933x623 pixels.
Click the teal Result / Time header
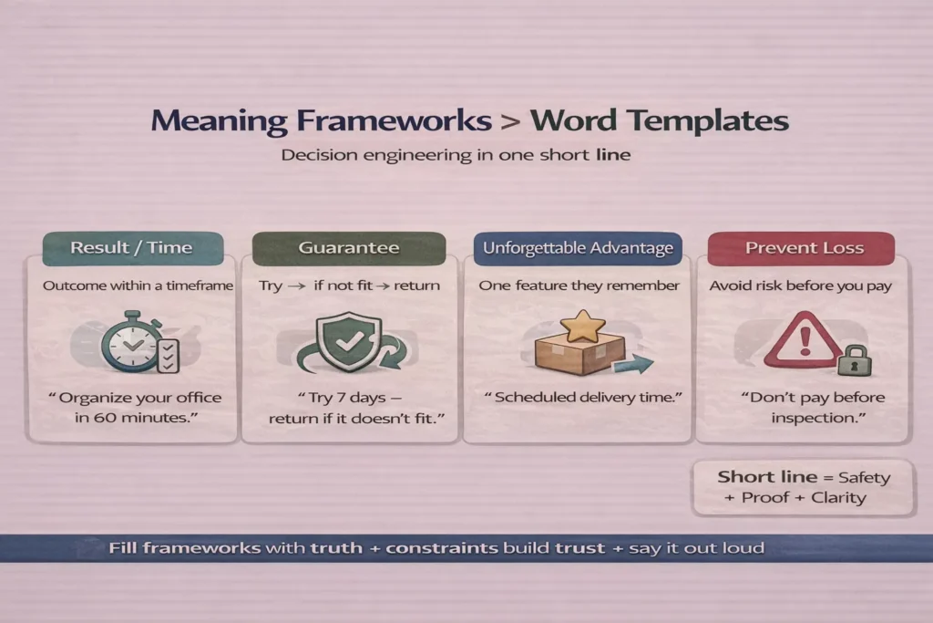[133, 248]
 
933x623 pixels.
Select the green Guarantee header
[349, 248]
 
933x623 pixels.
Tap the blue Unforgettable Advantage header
[578, 248]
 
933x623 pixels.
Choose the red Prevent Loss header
[801, 248]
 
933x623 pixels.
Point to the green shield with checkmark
[348, 341]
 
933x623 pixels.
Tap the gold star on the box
[582, 326]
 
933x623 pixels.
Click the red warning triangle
[805, 339]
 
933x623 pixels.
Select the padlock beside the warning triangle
[855, 360]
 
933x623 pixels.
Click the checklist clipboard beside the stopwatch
[169, 356]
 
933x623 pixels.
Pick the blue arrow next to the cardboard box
[634, 364]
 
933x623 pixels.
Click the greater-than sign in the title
[510, 121]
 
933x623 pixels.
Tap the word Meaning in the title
[219, 121]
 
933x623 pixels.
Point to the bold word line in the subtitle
[613, 155]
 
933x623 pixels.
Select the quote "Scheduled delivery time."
[582, 398]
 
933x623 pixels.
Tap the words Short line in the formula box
[767, 477]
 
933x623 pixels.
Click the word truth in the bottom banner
[336, 548]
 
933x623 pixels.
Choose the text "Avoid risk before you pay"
[800, 286]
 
